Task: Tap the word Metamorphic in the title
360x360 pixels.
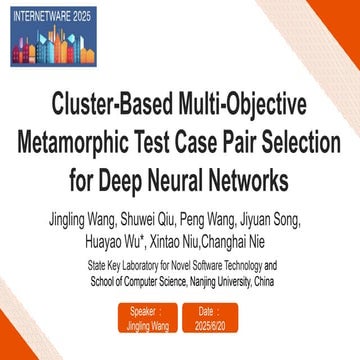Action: point(86,142)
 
